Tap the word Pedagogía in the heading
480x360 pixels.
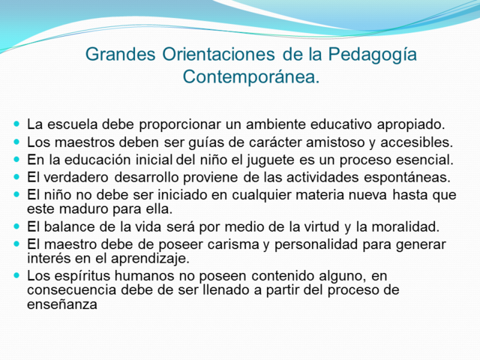pos(379,55)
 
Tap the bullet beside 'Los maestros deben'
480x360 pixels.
pos(17,142)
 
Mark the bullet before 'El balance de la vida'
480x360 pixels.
pos(17,226)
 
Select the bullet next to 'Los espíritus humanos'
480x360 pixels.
pos(17,275)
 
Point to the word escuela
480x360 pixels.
pos(71,124)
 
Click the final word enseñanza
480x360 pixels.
pos(62,305)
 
